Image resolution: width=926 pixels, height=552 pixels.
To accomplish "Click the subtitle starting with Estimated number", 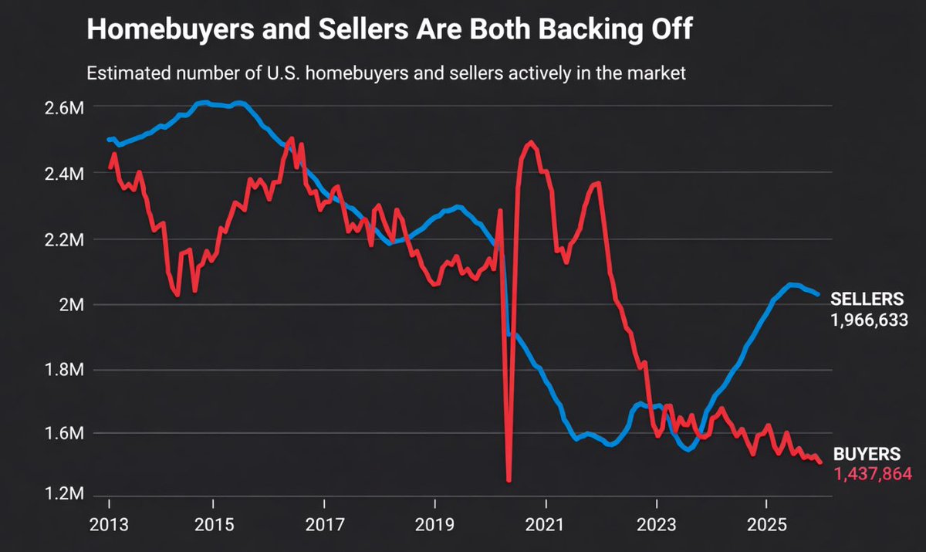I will [x=386, y=75].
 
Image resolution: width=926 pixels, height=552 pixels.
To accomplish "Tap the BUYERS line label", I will [x=863, y=454].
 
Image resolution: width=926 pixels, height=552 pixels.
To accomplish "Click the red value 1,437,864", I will [x=872, y=473].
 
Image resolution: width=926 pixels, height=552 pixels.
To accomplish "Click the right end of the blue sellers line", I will [x=819, y=294].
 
